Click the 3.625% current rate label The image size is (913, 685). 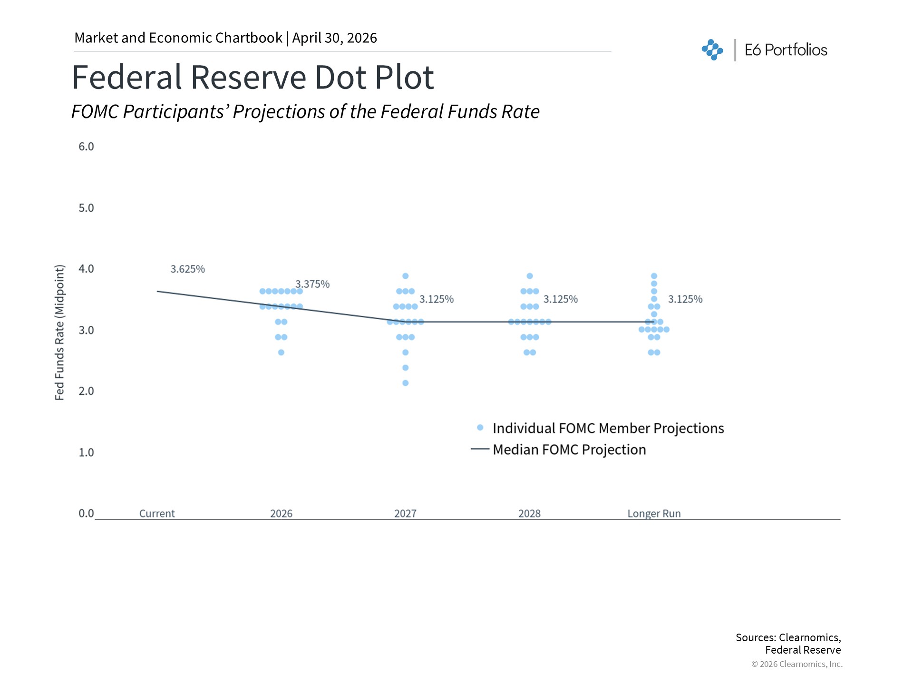point(188,269)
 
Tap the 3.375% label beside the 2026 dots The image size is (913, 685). point(312,284)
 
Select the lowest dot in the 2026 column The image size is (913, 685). point(281,352)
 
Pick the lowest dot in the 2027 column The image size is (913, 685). point(406,383)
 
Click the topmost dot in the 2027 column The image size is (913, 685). point(406,276)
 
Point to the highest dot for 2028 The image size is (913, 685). point(530,276)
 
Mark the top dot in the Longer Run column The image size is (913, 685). point(654,276)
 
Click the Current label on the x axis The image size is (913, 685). point(157,514)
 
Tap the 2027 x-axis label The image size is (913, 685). point(405,514)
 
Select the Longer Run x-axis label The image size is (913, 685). point(654,514)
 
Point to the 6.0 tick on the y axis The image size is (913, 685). point(86,147)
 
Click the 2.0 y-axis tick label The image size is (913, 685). point(86,391)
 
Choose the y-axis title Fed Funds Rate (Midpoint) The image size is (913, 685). point(59,333)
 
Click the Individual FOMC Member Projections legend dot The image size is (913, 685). point(480,428)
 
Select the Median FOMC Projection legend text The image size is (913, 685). point(569,450)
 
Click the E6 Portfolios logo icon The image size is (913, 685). point(712,50)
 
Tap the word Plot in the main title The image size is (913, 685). point(404,77)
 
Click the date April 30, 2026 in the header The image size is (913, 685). point(334,38)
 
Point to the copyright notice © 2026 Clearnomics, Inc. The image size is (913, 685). point(796,664)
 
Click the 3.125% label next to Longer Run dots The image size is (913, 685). point(685,299)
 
